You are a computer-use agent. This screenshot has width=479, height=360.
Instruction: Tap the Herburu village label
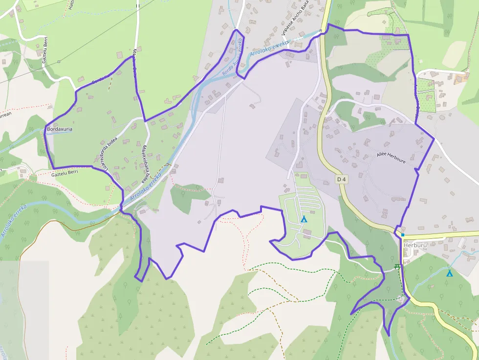click(405, 246)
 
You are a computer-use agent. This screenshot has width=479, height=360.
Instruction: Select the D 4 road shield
click(342, 179)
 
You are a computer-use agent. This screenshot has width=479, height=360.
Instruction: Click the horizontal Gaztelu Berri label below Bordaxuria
click(65, 172)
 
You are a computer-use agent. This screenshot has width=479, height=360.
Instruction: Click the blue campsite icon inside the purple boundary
click(304, 219)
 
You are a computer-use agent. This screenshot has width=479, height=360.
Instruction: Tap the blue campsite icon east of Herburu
click(449, 273)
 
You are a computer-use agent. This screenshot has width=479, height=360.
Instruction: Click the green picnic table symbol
click(397, 266)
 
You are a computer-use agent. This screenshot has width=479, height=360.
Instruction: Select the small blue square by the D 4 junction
click(403, 235)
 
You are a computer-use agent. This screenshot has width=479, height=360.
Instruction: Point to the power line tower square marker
click(59, 62)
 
